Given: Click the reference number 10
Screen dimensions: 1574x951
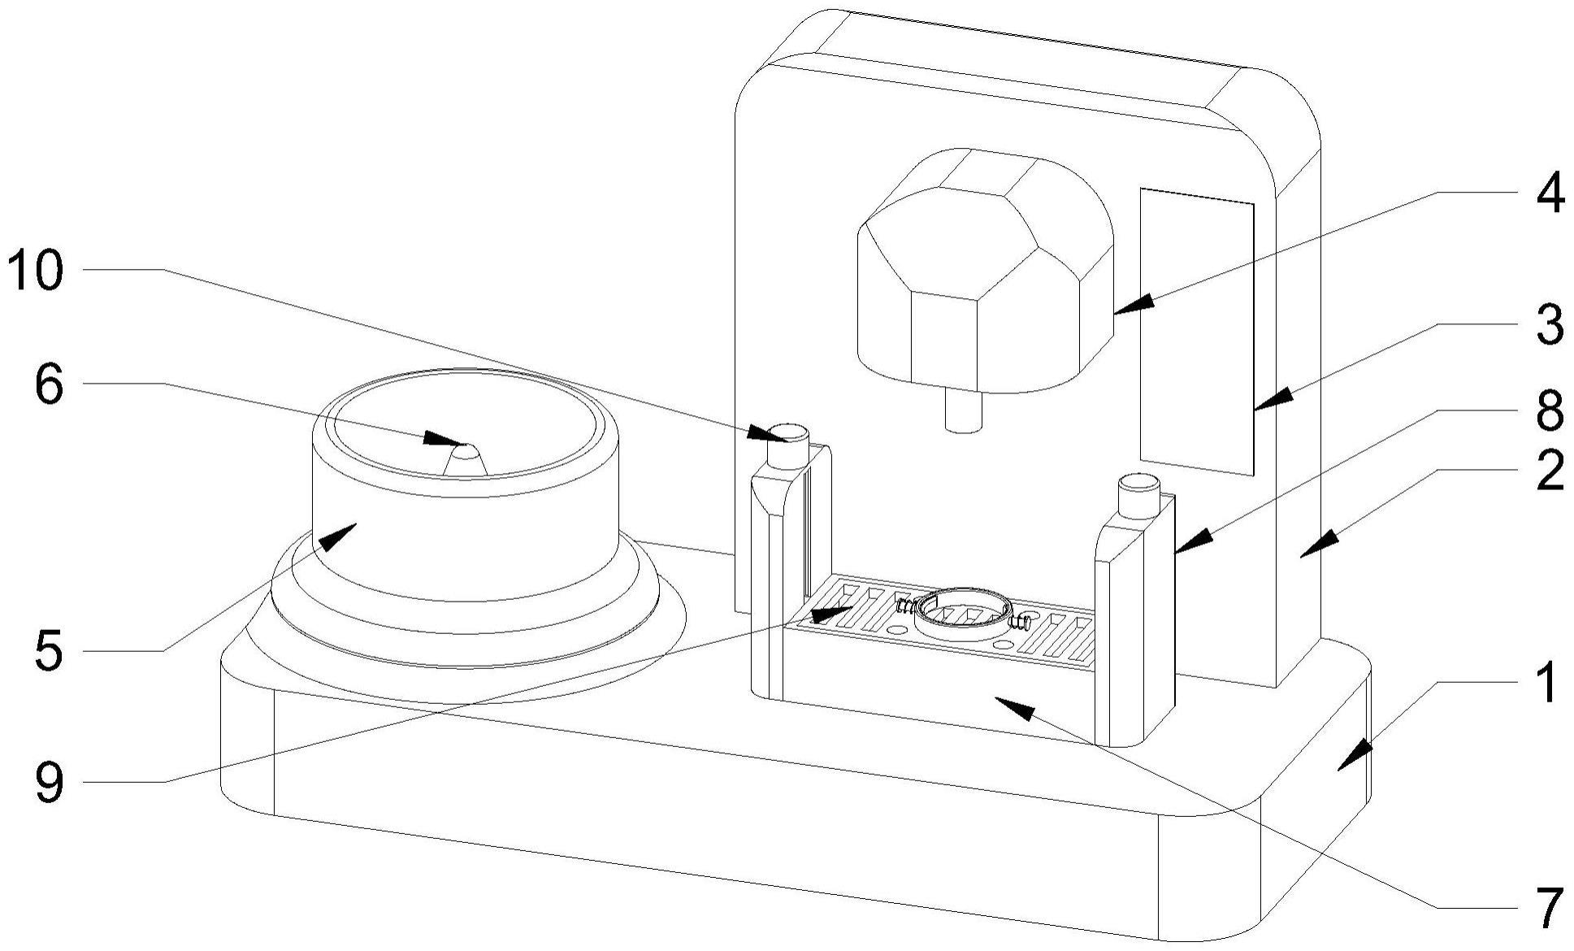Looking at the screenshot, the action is [35, 270].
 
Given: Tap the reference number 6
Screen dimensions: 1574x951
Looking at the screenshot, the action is [49, 384].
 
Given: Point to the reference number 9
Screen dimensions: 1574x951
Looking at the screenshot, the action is [49, 782].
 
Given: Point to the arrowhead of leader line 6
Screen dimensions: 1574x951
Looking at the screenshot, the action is [446, 440].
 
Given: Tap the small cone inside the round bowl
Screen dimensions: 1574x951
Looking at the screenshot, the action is [466, 459].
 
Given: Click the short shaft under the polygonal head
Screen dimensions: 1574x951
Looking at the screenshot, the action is [965, 410].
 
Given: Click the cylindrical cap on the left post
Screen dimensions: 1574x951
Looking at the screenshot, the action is [788, 446].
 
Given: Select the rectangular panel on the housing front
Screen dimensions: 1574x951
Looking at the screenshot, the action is [1197, 332].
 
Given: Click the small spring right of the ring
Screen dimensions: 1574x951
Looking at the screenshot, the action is [1021, 624].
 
